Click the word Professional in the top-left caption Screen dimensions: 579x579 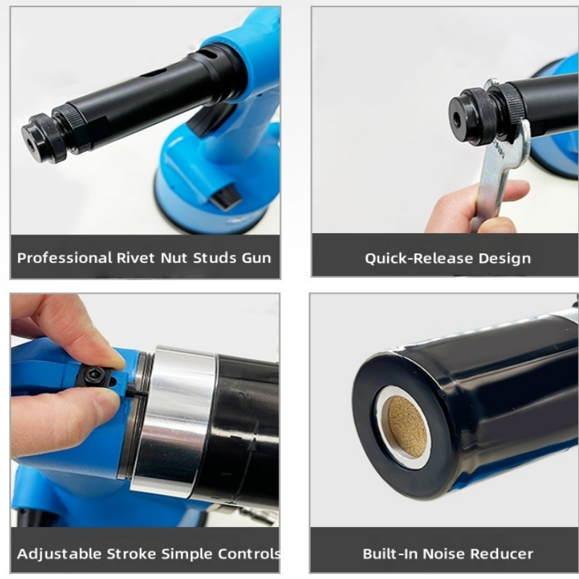(64, 258)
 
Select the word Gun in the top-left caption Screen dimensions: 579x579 (256, 258)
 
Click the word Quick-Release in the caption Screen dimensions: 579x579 (419, 258)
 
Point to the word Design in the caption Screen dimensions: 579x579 (504, 258)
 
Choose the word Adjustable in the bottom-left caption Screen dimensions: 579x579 (59, 554)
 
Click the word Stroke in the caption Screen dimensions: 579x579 (132, 554)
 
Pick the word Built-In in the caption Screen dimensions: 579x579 (390, 554)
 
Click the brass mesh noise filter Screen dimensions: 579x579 (408, 427)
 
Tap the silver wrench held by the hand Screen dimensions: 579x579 (496, 159)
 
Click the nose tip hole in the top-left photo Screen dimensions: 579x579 (30, 144)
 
